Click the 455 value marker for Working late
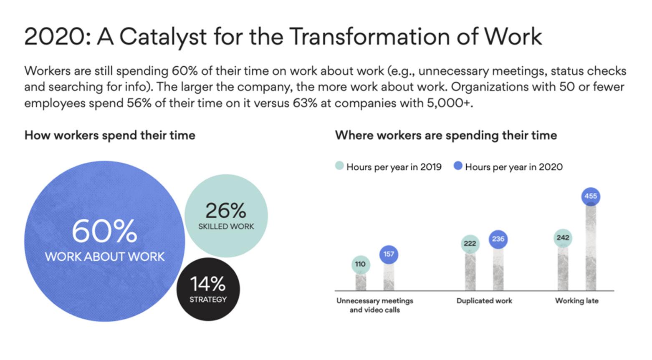click(x=591, y=196)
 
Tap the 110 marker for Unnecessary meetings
click(x=361, y=264)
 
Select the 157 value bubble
click(x=389, y=254)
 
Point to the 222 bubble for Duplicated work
click(x=470, y=244)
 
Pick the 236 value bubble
click(x=498, y=239)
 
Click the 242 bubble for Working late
click(x=563, y=238)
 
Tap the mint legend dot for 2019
click(x=339, y=166)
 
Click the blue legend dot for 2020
click(x=458, y=166)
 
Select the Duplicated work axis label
click(x=484, y=301)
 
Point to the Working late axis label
click(x=577, y=301)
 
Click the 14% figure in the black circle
click(x=208, y=284)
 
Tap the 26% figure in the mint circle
click(x=226, y=211)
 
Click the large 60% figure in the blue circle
click(x=104, y=231)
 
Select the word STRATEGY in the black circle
click(x=208, y=300)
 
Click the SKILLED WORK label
click(x=226, y=227)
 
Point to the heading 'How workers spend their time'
click(x=110, y=136)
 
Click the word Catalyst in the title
click(x=163, y=38)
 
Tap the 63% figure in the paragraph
click(x=305, y=103)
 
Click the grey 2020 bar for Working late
click(x=591, y=248)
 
